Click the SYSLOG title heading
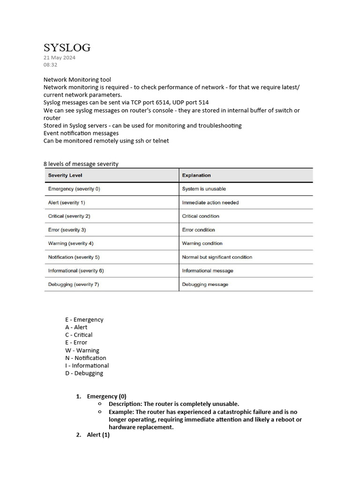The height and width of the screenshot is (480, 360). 67,47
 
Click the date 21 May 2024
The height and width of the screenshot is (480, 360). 60,58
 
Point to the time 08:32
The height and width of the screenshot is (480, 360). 51,65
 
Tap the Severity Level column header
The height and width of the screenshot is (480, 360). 65,175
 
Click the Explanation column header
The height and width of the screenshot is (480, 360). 196,175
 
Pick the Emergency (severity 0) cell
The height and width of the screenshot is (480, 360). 74,189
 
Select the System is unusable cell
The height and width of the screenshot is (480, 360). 204,189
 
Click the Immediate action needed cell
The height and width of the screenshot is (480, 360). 210,202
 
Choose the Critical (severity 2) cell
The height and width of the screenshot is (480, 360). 69,216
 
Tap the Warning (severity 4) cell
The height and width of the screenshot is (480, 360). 71,243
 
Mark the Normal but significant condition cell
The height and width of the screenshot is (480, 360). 217,257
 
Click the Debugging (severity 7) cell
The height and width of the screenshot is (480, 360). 74,285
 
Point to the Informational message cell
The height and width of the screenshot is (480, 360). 208,270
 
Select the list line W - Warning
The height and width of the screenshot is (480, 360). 82,350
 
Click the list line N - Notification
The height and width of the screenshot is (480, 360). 86,358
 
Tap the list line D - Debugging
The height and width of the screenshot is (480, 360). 84,373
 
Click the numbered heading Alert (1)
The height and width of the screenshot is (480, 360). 98,435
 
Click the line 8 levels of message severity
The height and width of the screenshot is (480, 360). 81,164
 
